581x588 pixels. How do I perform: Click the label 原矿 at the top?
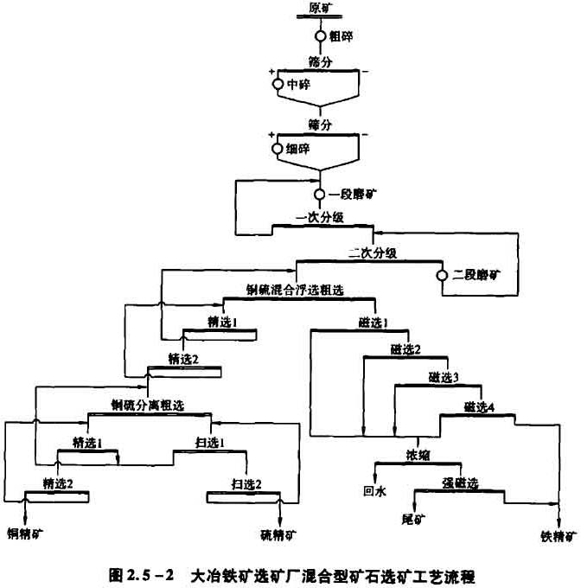(320, 10)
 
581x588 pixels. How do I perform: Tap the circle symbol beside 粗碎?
(321, 36)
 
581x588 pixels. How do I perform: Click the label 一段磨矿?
(346, 196)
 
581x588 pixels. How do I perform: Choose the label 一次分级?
(322, 218)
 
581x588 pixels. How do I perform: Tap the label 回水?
(373, 489)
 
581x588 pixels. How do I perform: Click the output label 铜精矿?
(25, 534)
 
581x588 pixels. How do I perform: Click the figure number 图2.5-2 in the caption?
(146, 574)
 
